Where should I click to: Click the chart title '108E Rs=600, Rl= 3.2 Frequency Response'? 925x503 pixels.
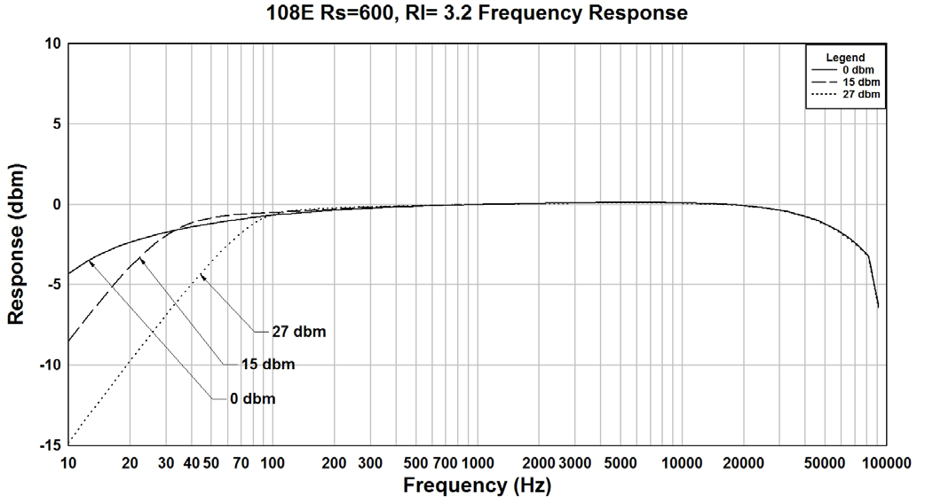pyautogui.click(x=477, y=13)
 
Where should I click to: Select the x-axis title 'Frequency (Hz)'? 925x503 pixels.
pyautogui.click(x=477, y=485)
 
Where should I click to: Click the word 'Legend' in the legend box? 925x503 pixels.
pyautogui.click(x=845, y=58)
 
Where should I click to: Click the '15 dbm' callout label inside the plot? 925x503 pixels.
pyautogui.click(x=267, y=364)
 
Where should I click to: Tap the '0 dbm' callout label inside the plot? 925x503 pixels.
pyautogui.click(x=252, y=399)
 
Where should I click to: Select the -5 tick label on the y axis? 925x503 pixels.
pyautogui.click(x=53, y=285)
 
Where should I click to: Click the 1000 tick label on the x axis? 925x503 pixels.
pyautogui.click(x=477, y=463)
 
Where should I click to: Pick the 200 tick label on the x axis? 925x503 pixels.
pyautogui.click(x=334, y=463)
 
